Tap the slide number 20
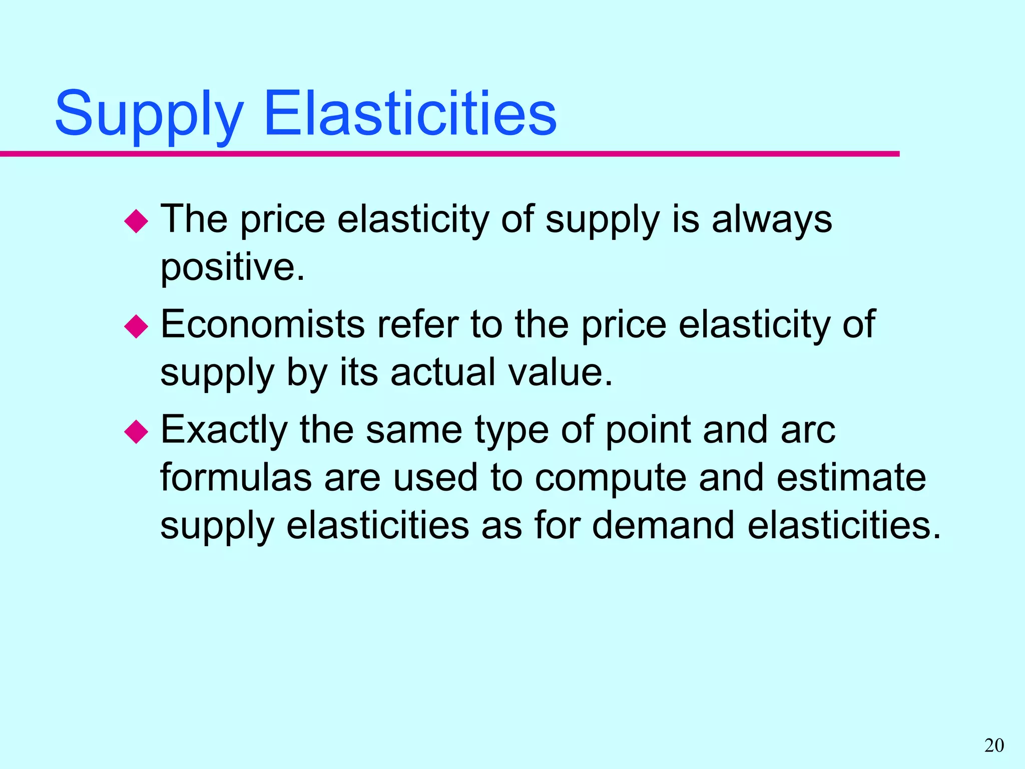994,745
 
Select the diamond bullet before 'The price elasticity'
136,221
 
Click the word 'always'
772,220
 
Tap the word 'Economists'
262,324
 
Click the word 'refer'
417,324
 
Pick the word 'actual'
443,372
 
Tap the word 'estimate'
851,477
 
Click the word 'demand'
663,525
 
